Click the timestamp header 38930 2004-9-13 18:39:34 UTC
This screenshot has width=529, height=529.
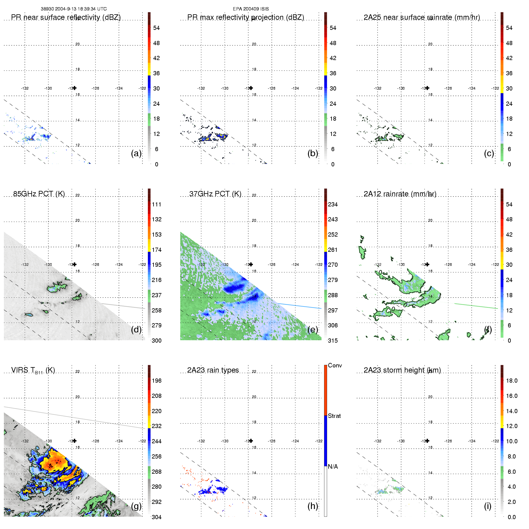(73, 9)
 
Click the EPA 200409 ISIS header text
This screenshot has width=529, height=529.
(251, 9)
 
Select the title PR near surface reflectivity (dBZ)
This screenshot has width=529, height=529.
(66, 17)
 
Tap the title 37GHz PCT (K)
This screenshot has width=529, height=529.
(215, 194)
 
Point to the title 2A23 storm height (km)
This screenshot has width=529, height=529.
(402, 370)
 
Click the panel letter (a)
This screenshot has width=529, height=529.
(136, 153)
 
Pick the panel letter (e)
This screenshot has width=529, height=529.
(313, 329)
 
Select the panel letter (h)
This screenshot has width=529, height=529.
(313, 506)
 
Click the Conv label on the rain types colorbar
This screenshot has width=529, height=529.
(335, 365)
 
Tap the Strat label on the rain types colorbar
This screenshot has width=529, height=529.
(334, 416)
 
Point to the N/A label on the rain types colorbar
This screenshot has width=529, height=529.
(333, 467)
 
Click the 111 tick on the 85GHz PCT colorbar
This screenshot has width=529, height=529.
(157, 204)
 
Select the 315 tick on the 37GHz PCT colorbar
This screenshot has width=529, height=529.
(333, 341)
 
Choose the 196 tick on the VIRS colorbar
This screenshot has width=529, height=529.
(157, 381)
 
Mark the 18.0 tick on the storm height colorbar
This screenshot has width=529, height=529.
(512, 381)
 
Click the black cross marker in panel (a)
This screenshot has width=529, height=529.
(75, 88)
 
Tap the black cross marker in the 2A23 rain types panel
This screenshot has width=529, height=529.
(251, 441)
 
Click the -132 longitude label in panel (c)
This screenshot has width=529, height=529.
(378, 88)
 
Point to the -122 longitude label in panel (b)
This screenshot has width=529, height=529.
(319, 88)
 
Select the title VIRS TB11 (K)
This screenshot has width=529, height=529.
(33, 370)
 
